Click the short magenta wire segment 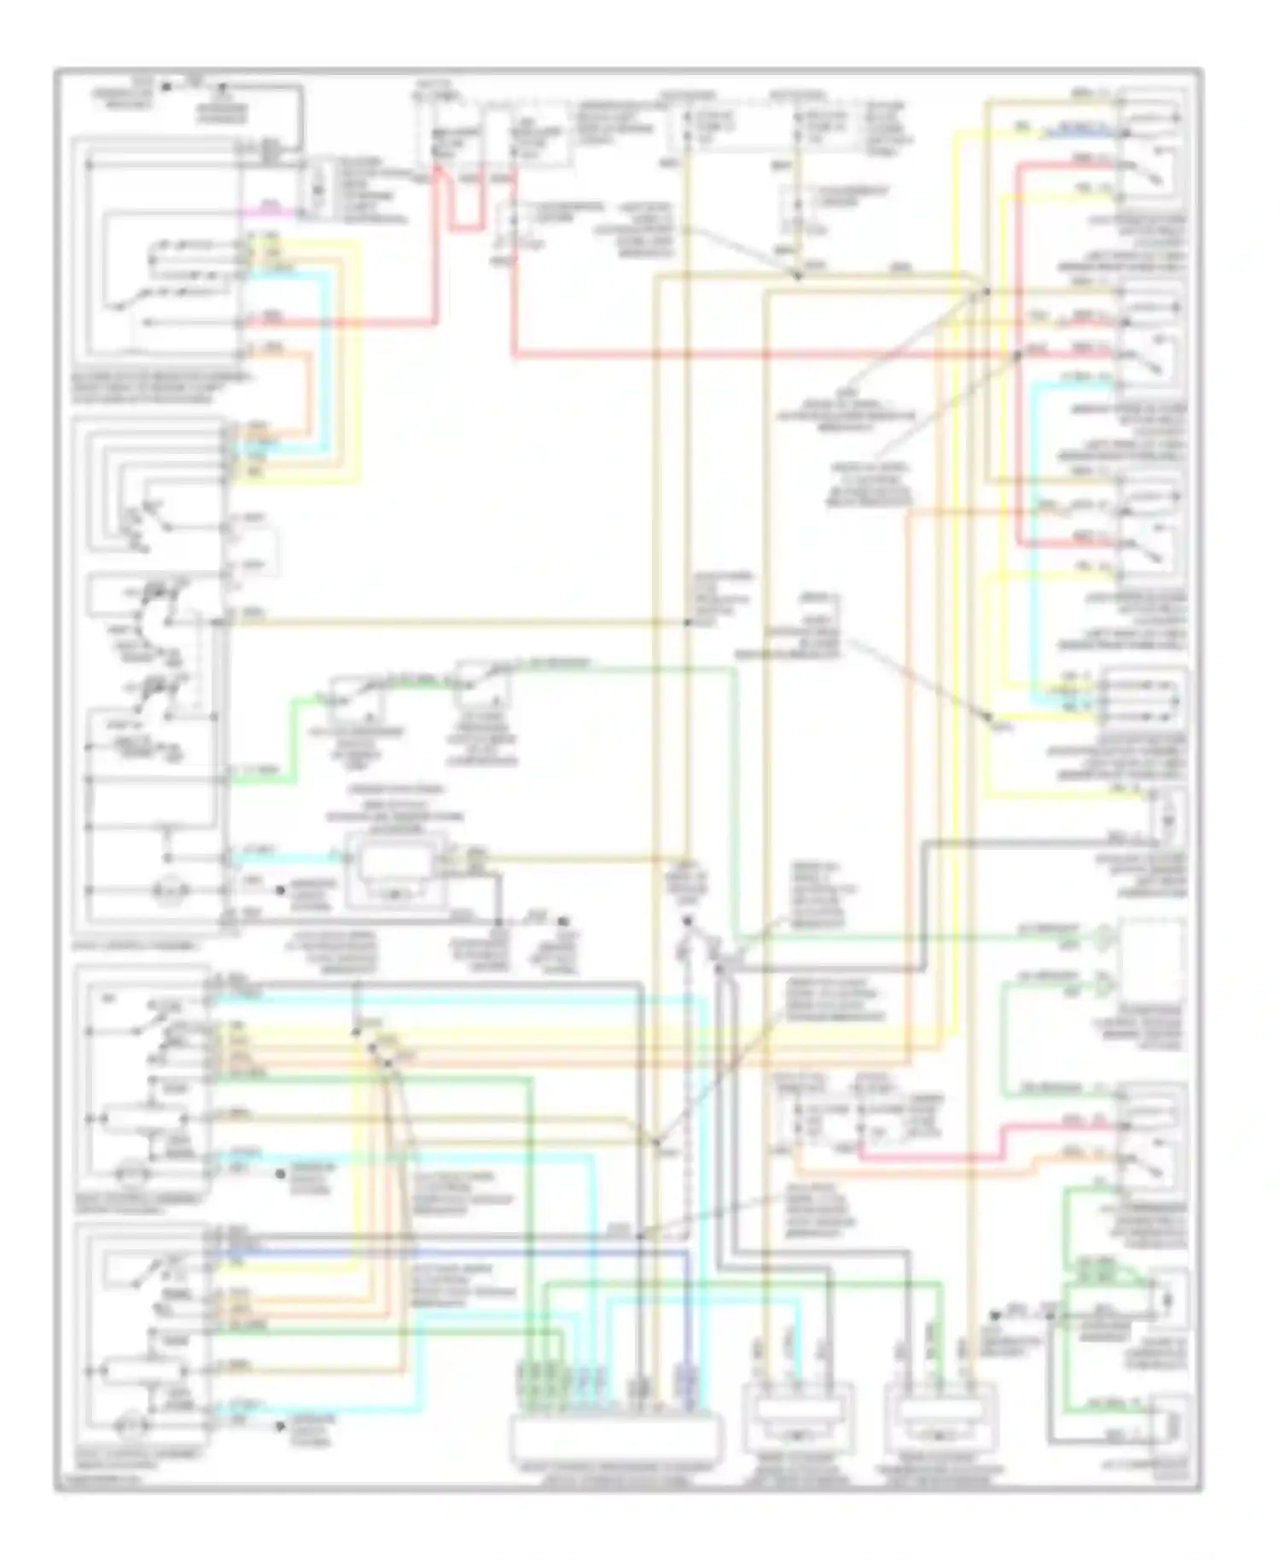[271, 210]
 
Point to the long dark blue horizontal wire [444, 1252]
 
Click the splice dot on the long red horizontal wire [1018, 353]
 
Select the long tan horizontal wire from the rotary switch [452, 622]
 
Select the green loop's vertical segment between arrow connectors [1004, 1037]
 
